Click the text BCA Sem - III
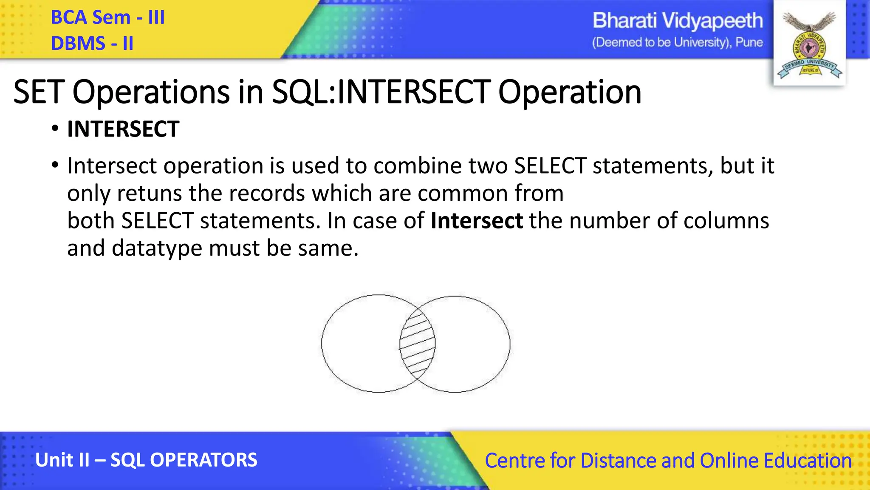pyautogui.click(x=107, y=18)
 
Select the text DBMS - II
pyautogui.click(x=92, y=43)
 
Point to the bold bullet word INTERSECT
pyautogui.click(x=123, y=129)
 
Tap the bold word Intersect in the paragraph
pyautogui.click(x=477, y=221)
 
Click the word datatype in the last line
pyautogui.click(x=157, y=248)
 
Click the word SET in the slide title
pyautogui.click(x=39, y=92)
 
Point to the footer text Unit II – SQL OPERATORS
pyautogui.click(x=146, y=460)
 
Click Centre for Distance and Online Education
pyautogui.click(x=668, y=461)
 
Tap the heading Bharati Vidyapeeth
pyautogui.click(x=677, y=21)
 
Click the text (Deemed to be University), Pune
pyautogui.click(x=677, y=43)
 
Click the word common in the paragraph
pyautogui.click(x=463, y=193)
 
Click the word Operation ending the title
pyautogui.click(x=569, y=92)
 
